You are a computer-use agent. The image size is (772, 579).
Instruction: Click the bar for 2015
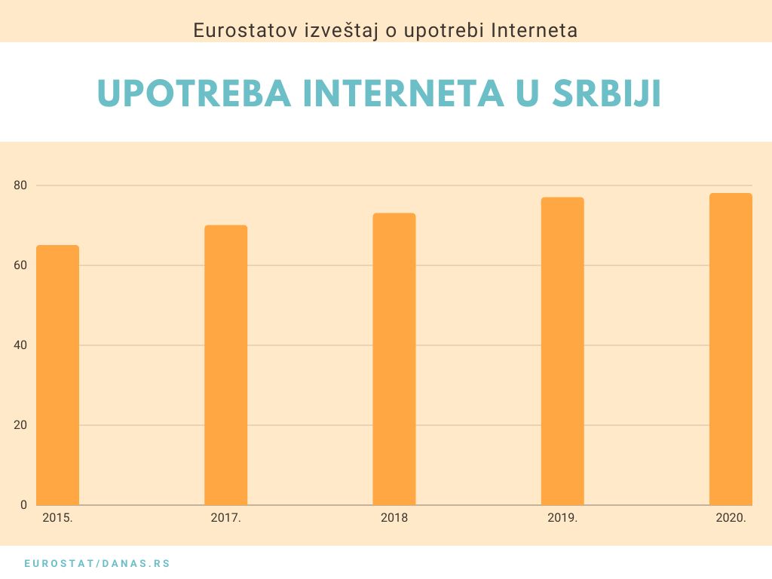pyautogui.click(x=57, y=375)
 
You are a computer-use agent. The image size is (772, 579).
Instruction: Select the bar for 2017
pyautogui.click(x=225, y=365)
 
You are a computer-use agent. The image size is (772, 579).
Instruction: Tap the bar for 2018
pyautogui.click(x=394, y=359)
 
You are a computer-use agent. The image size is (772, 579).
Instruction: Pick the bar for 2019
pyautogui.click(x=562, y=351)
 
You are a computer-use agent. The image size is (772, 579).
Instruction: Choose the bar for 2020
pyautogui.click(x=731, y=349)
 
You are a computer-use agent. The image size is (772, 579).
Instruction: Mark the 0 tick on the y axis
pyautogui.click(x=23, y=505)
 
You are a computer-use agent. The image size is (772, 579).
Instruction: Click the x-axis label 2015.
pyautogui.click(x=57, y=518)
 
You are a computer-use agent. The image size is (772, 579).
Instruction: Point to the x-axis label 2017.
pyautogui.click(x=225, y=518)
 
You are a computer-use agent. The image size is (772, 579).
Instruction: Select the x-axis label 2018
pyautogui.click(x=394, y=518)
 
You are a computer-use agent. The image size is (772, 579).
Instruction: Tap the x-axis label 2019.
pyautogui.click(x=562, y=518)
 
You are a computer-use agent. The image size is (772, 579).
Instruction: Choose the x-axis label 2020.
pyautogui.click(x=731, y=518)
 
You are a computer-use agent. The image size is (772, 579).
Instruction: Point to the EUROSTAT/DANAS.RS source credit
pyautogui.click(x=97, y=563)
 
